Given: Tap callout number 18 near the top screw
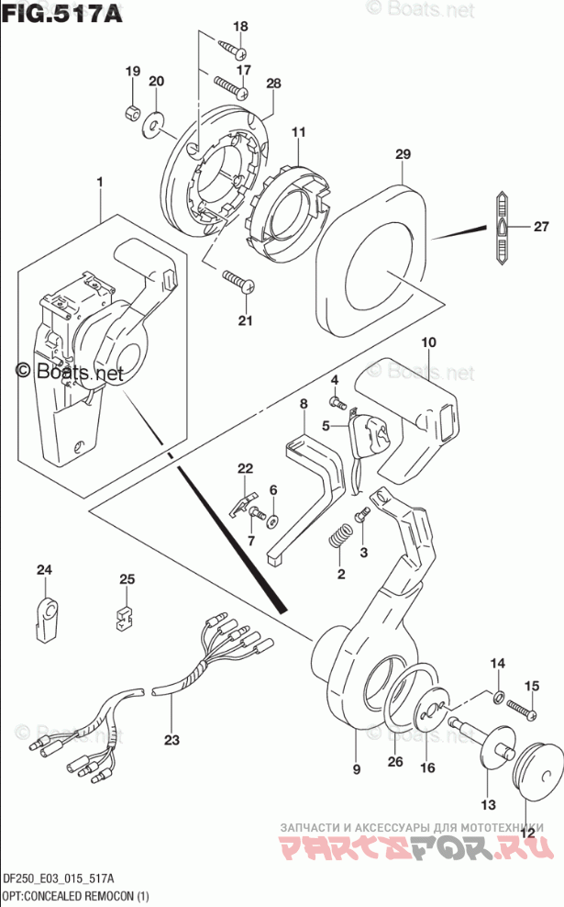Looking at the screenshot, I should pos(240,26).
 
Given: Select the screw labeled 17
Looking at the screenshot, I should pos(232,86).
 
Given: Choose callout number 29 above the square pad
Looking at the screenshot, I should pos(403,156).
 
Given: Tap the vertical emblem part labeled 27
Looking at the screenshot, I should pos(503,228).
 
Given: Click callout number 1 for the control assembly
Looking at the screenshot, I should pos(100,184).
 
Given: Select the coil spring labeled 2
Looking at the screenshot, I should pos(338,536).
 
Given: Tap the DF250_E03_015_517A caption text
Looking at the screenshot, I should pos(57,879).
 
